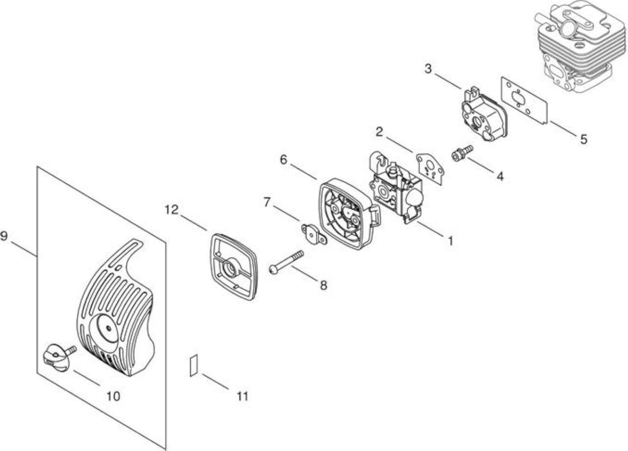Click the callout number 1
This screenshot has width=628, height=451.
point(450,241)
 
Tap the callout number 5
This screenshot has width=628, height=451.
point(584,140)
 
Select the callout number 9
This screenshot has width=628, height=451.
point(3,236)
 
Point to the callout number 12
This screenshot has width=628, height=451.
point(171,209)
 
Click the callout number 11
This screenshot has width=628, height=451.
point(243,396)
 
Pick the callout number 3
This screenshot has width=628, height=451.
point(428,68)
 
